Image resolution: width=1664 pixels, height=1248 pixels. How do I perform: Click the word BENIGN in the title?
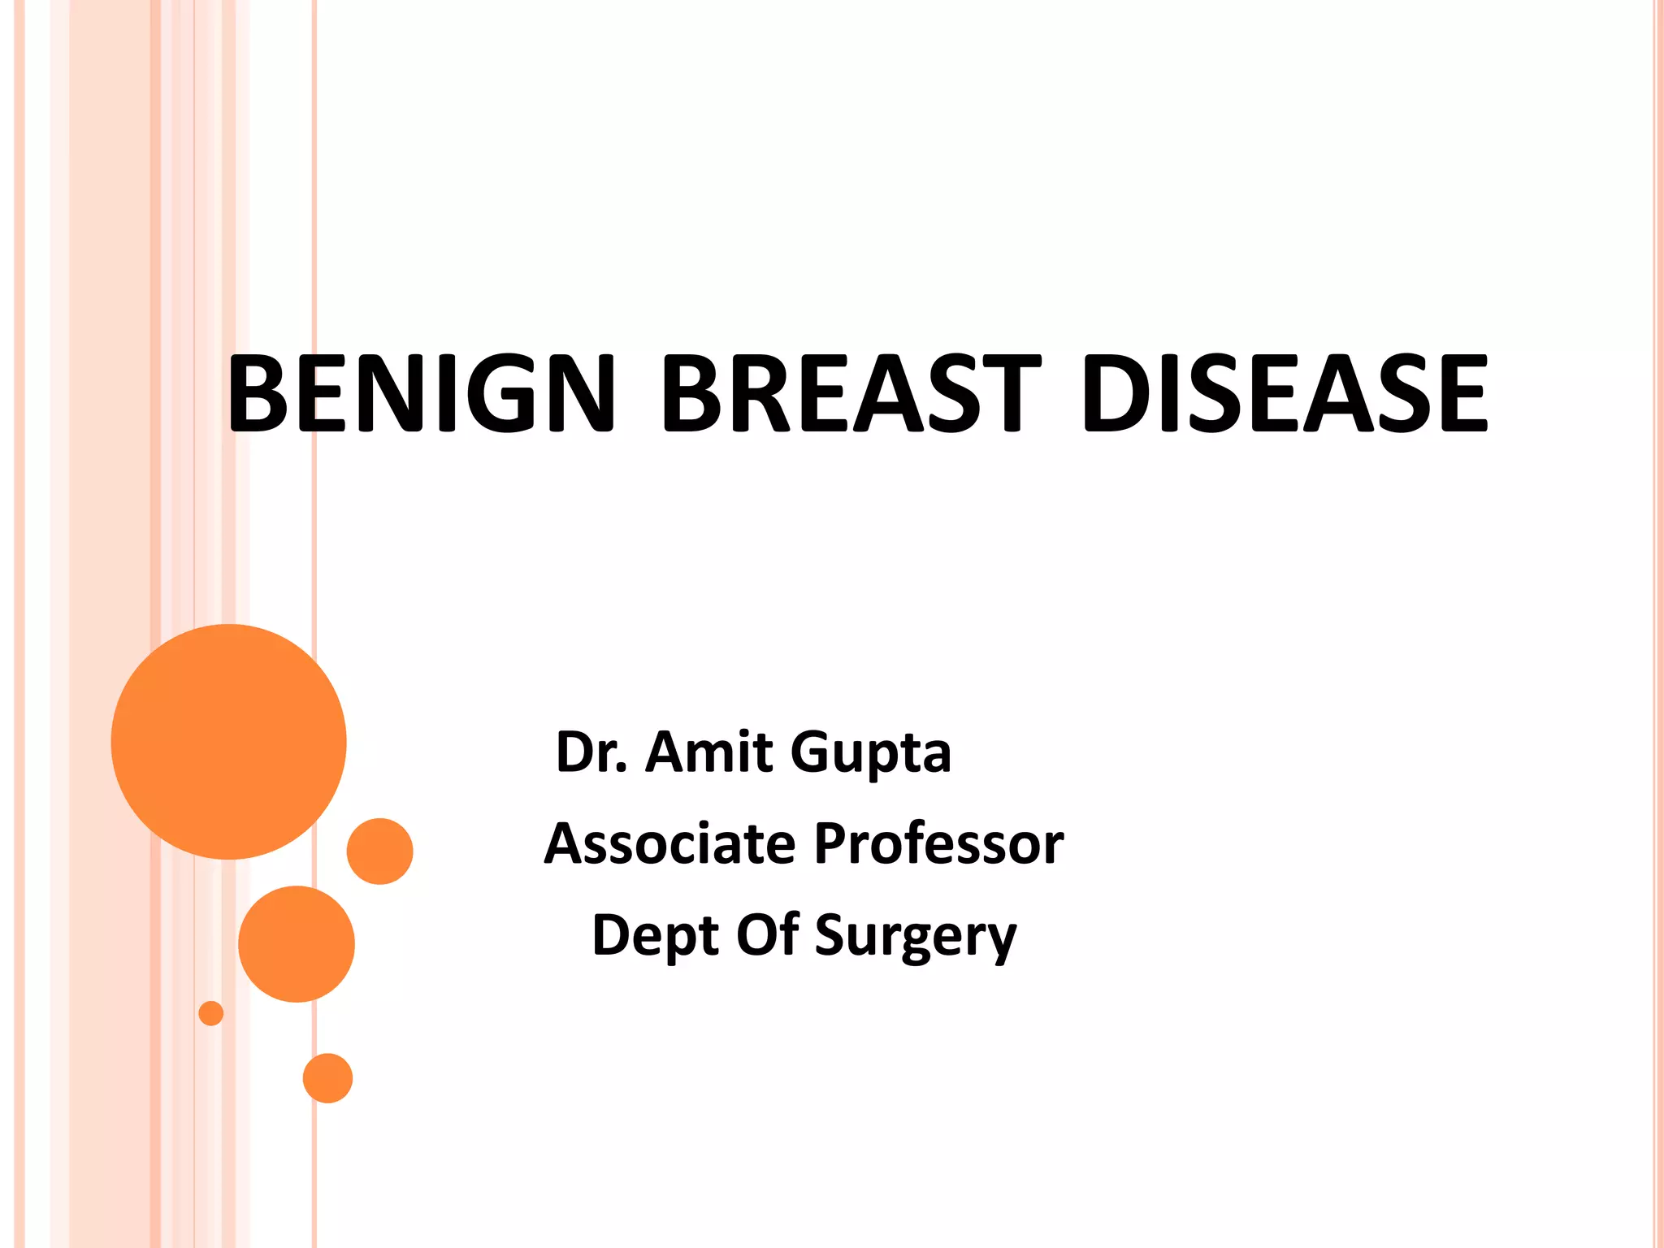[x=421, y=393]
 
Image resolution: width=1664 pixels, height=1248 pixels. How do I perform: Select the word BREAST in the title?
[x=851, y=393]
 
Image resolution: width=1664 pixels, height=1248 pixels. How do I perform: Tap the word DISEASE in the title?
[x=1285, y=393]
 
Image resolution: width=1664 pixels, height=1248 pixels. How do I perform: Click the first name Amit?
[x=708, y=752]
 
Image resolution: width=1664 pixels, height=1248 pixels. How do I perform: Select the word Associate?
[x=669, y=843]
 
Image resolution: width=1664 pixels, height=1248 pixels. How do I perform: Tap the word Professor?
[x=938, y=843]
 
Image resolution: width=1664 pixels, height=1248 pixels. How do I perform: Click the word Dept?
[x=656, y=936]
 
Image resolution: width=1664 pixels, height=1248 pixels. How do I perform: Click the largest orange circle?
[x=228, y=742]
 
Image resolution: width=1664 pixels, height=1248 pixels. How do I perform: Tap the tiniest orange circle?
[x=211, y=1013]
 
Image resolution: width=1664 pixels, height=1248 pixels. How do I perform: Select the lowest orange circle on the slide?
[x=327, y=1078]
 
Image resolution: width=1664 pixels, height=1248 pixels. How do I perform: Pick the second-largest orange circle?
[x=297, y=944]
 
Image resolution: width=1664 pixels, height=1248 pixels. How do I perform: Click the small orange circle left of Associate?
[x=379, y=851]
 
